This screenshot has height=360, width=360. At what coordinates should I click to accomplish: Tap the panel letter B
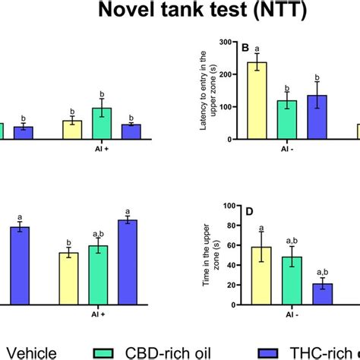245,49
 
